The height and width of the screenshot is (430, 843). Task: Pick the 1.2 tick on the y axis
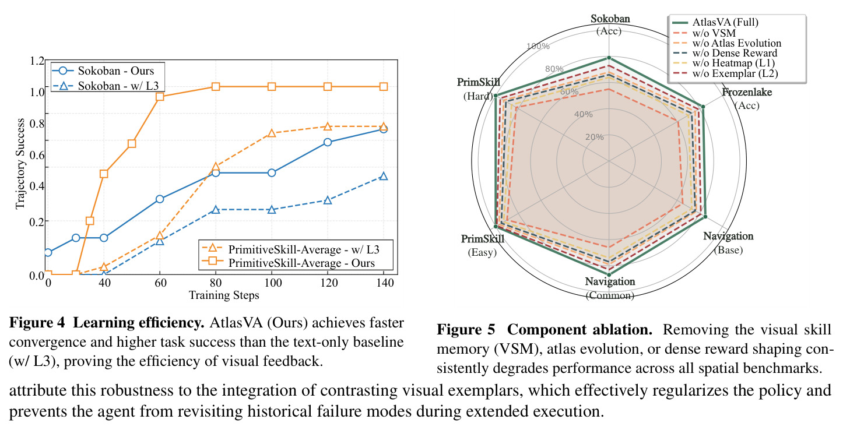tap(37, 61)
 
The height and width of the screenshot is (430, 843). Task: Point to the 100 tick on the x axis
tap(272, 283)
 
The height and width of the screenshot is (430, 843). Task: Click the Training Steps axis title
tap(224, 295)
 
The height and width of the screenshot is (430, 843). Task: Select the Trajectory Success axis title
tap(20, 164)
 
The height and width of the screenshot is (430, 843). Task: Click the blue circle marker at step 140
tap(384, 129)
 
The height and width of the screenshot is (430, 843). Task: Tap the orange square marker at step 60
tap(160, 97)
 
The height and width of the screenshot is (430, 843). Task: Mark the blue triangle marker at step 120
tap(328, 200)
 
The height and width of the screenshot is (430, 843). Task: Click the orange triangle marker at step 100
tap(272, 133)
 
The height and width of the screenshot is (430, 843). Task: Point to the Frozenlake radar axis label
tap(747, 92)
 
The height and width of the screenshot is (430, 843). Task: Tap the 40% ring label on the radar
tap(584, 114)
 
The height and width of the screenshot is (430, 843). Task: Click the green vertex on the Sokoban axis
tap(609, 58)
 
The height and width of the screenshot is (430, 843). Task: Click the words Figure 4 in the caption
tap(37, 323)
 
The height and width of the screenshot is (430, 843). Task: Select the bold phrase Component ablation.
tap(579, 330)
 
